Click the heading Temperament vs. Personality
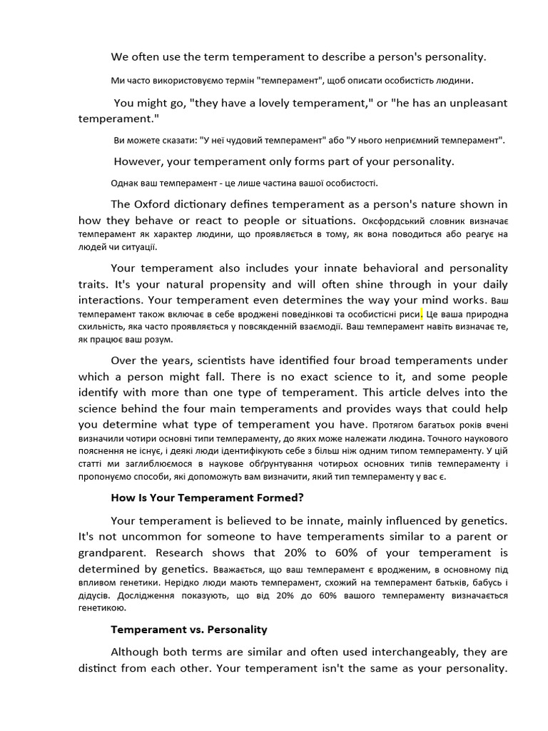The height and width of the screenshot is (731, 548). (x=188, y=630)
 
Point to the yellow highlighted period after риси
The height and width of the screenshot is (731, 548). (x=422, y=313)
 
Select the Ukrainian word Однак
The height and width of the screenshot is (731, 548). (x=125, y=183)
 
